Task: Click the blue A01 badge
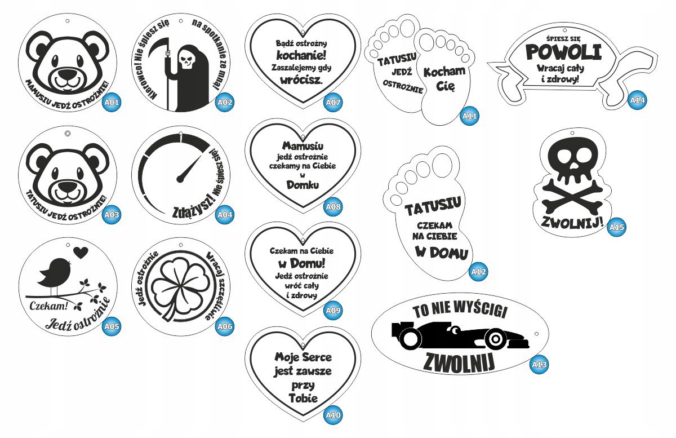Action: [112, 103]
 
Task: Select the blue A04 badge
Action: [225, 215]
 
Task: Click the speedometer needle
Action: [189, 168]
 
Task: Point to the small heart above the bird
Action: [81, 252]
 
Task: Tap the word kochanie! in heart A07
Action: [301, 55]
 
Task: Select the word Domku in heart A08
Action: [303, 184]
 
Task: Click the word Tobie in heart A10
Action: [303, 397]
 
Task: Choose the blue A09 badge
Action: [333, 309]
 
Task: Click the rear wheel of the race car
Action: [411, 337]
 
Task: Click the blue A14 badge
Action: [637, 101]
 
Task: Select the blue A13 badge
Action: [539, 365]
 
